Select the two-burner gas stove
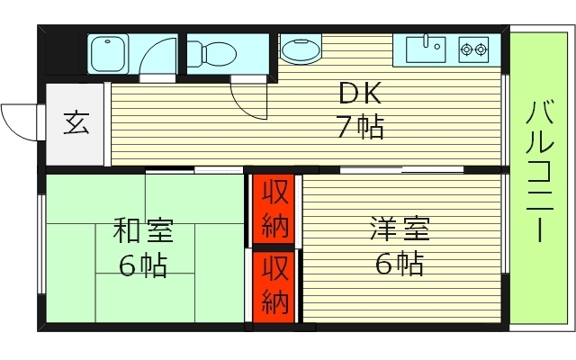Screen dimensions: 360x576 [473, 48]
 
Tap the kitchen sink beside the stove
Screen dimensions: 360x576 [425, 48]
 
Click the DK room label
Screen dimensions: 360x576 [360, 94]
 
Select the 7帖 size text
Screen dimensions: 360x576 [360, 127]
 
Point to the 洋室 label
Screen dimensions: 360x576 [399, 230]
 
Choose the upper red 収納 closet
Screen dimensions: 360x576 [274, 209]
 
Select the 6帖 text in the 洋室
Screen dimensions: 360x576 [399, 265]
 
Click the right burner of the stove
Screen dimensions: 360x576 [481, 48]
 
